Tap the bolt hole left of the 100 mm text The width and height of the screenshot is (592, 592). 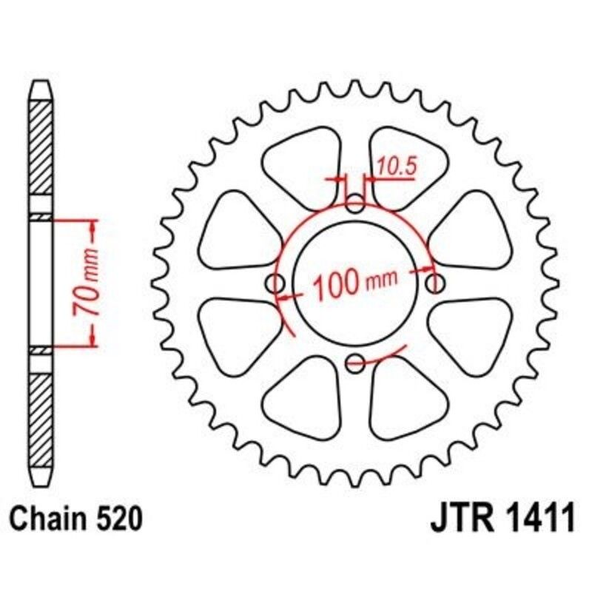coord(275,283)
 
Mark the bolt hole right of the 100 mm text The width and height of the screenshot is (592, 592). coord(437,283)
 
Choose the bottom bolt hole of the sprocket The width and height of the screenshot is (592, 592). coord(356,363)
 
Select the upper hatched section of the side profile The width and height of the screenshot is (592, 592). coord(41,148)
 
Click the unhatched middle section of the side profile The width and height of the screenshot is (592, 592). coord(41,281)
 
